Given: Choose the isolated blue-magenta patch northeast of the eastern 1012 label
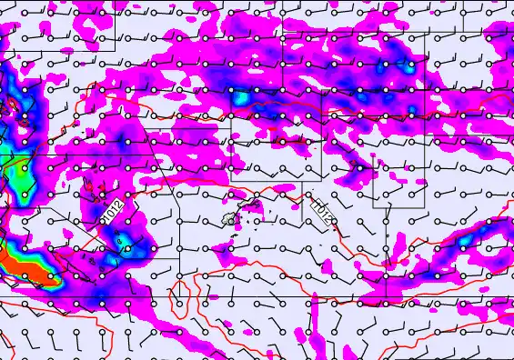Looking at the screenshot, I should point(362,167).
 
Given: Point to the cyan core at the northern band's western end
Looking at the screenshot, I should point(244,95).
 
